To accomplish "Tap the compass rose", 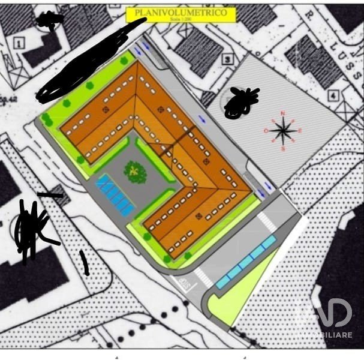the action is pos(282,130).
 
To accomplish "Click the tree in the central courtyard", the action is pos(136,172).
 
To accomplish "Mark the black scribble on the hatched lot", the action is pos(240,102).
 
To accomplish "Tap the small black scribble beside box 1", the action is pos(50,21).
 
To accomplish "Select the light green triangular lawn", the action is pos(240,294).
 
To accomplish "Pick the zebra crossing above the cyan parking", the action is pos(266,222).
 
